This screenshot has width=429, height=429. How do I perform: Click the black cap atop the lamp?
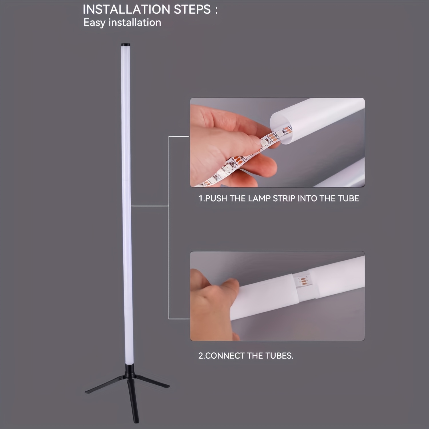point(125,45)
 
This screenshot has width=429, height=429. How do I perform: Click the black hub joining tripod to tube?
point(128,371)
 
